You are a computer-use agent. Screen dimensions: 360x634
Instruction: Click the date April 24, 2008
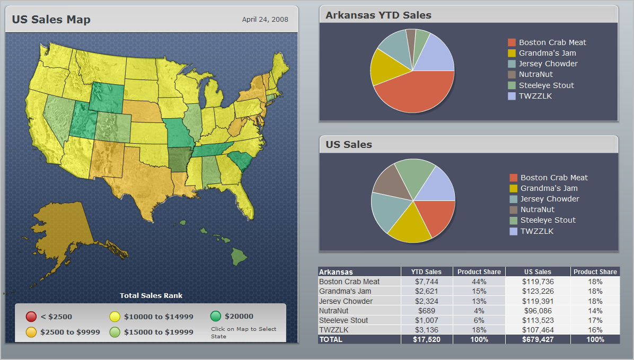pos(265,20)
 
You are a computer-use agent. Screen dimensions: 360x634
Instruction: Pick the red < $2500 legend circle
pos(31,317)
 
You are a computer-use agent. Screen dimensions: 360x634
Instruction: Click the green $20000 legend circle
pos(215,316)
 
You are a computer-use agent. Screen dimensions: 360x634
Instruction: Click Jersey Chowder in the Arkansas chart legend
pos(548,64)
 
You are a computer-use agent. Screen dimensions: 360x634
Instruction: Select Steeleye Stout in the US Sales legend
pos(548,220)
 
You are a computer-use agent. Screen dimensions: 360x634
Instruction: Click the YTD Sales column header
pos(426,272)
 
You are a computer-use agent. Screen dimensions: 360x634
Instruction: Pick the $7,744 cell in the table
pos(426,282)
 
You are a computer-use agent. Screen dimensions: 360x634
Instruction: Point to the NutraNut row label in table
pos(334,311)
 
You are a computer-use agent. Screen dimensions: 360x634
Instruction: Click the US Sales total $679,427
pos(538,339)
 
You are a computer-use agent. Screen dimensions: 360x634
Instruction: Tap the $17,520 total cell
pos(426,339)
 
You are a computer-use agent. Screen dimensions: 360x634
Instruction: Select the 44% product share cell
pos(479,282)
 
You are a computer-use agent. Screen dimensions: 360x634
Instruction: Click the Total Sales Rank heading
pos(151,295)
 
